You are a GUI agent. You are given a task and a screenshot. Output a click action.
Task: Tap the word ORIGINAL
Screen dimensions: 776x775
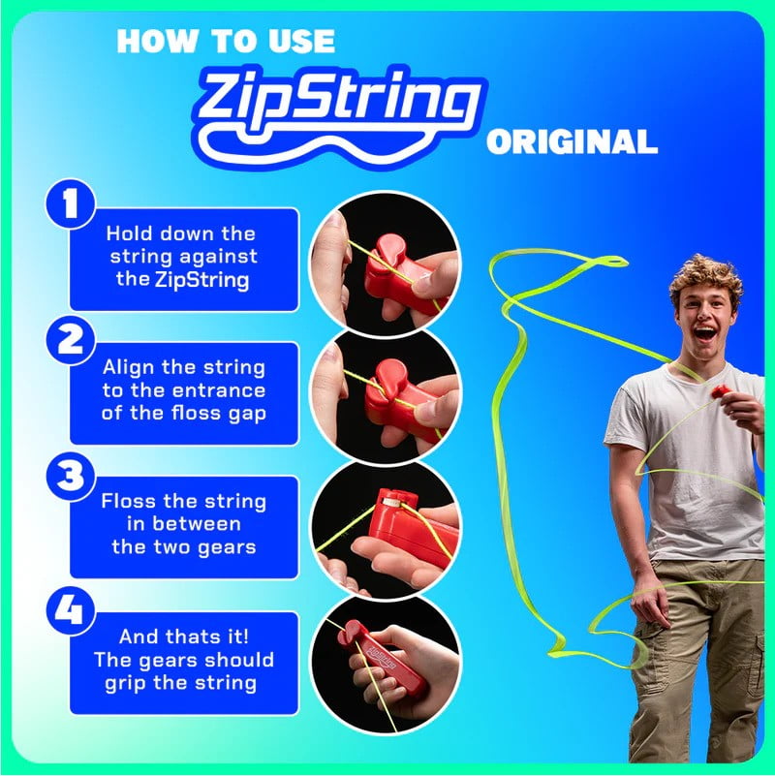pyautogui.click(x=572, y=142)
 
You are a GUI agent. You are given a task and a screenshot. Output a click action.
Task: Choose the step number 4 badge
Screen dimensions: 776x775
pyautogui.click(x=69, y=613)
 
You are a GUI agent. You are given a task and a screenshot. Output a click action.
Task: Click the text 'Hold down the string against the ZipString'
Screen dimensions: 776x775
pyautogui.click(x=181, y=258)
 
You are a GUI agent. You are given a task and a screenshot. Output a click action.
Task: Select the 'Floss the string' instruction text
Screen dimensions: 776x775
pyautogui.click(x=183, y=524)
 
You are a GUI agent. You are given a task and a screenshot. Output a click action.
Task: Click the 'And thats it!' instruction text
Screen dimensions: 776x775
pyautogui.click(x=183, y=660)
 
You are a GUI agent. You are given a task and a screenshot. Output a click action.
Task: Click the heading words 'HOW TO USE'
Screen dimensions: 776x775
pyautogui.click(x=226, y=40)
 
